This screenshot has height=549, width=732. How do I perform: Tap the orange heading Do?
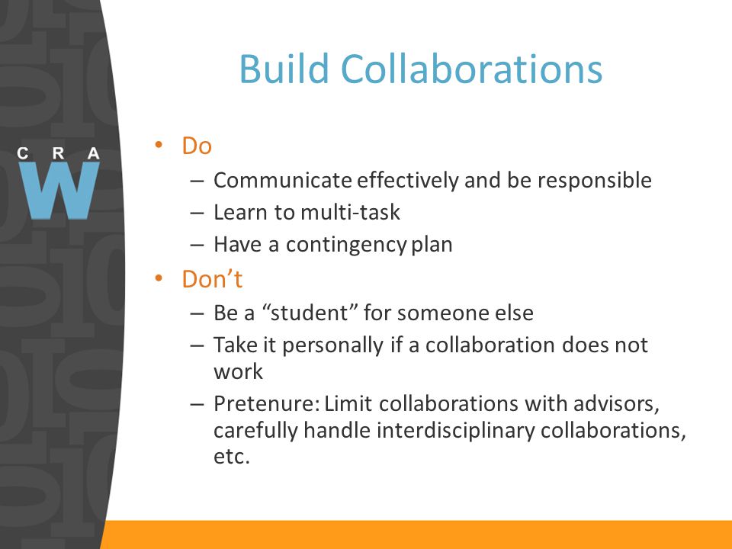[x=197, y=146]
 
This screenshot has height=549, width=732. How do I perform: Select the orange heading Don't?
[x=212, y=279]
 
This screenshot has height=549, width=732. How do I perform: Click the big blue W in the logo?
[x=59, y=190]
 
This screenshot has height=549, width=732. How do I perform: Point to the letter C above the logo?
[x=22, y=153]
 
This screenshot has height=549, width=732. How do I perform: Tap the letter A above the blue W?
[x=94, y=153]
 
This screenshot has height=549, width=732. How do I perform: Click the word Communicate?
[x=282, y=180]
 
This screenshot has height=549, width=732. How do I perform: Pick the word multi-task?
[x=351, y=213]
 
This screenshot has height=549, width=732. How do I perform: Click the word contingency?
[x=346, y=245]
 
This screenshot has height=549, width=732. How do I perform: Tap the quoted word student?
[x=309, y=313]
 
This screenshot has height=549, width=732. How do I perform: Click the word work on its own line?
[x=238, y=371]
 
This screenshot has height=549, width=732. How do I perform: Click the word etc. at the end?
[x=232, y=457]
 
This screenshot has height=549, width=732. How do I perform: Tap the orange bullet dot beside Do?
[x=159, y=145]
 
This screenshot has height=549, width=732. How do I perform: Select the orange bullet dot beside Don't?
[x=159, y=278]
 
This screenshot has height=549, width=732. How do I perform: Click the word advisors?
[x=616, y=404]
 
